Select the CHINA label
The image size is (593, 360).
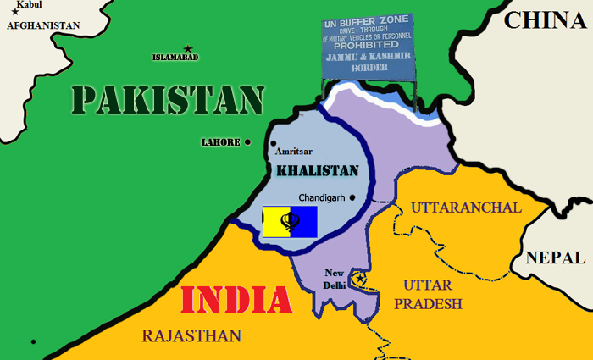coord(546,20)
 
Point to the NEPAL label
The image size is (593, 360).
coord(555,258)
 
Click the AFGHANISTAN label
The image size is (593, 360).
coord(43,25)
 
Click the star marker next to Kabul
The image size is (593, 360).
coord(14,12)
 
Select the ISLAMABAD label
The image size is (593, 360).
coord(175,57)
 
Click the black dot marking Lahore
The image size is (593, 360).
coord(248,142)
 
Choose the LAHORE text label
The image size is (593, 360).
coord(220,142)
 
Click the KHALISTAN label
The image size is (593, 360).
coord(318,170)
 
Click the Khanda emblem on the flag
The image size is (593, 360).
coord(291,222)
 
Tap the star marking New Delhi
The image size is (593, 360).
coord(361,279)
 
